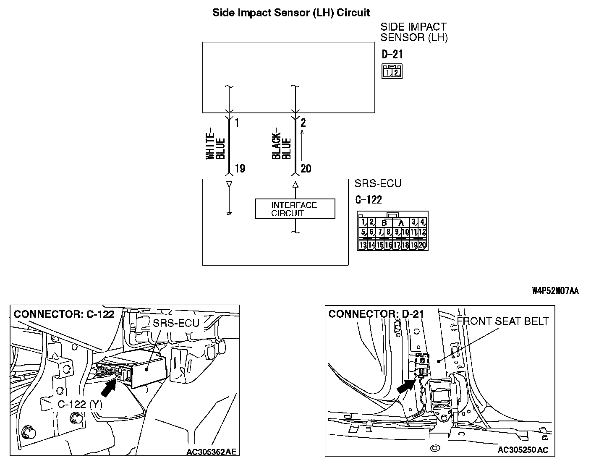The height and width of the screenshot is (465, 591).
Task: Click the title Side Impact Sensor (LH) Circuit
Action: click(291, 13)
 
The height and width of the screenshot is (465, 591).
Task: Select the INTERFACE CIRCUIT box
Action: click(295, 209)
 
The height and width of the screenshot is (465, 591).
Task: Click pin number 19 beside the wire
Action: click(240, 169)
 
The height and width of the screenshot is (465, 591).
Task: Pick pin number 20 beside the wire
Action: click(306, 169)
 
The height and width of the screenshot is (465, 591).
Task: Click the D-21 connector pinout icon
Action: click(392, 71)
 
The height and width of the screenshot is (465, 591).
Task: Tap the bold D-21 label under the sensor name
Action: click(392, 54)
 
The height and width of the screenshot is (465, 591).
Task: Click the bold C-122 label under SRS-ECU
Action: click(369, 199)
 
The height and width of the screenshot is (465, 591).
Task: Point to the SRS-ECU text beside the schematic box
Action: click(378, 183)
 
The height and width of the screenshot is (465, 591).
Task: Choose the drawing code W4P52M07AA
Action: click(555, 291)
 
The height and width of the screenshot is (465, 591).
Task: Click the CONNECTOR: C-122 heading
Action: click(64, 314)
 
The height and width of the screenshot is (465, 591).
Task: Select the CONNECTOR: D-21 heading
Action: click(376, 314)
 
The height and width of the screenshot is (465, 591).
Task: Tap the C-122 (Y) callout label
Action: click(80, 404)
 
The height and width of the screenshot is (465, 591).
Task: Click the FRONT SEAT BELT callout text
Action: click(503, 321)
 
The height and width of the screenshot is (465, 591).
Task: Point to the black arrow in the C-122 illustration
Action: click(108, 386)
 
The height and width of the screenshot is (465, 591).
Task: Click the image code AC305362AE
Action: click(212, 452)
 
